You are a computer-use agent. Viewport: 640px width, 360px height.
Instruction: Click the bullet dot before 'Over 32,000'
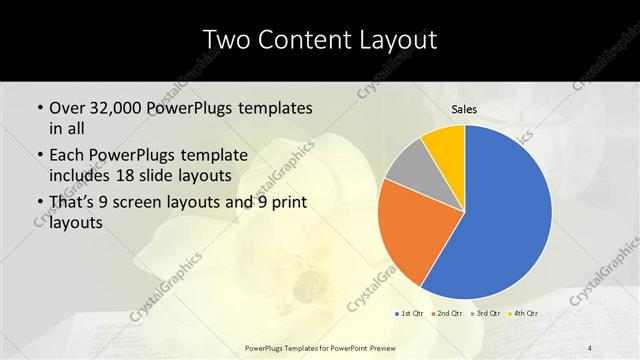coord(38,108)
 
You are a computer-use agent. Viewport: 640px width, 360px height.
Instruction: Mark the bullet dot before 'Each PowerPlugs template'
coord(38,156)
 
